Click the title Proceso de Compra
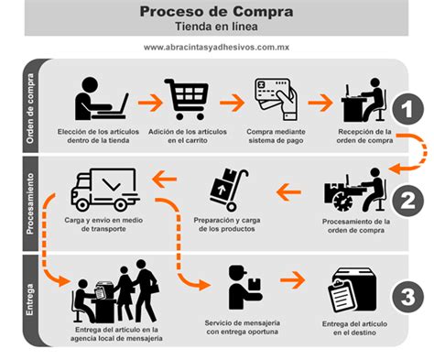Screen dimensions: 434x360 [217, 12]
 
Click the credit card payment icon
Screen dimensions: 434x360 [273, 99]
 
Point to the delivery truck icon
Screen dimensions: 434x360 [103, 191]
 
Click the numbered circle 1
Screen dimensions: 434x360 [404, 110]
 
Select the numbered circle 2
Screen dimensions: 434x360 [404, 200]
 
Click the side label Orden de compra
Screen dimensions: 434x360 [30, 107]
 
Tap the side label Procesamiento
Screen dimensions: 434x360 [30, 203]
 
